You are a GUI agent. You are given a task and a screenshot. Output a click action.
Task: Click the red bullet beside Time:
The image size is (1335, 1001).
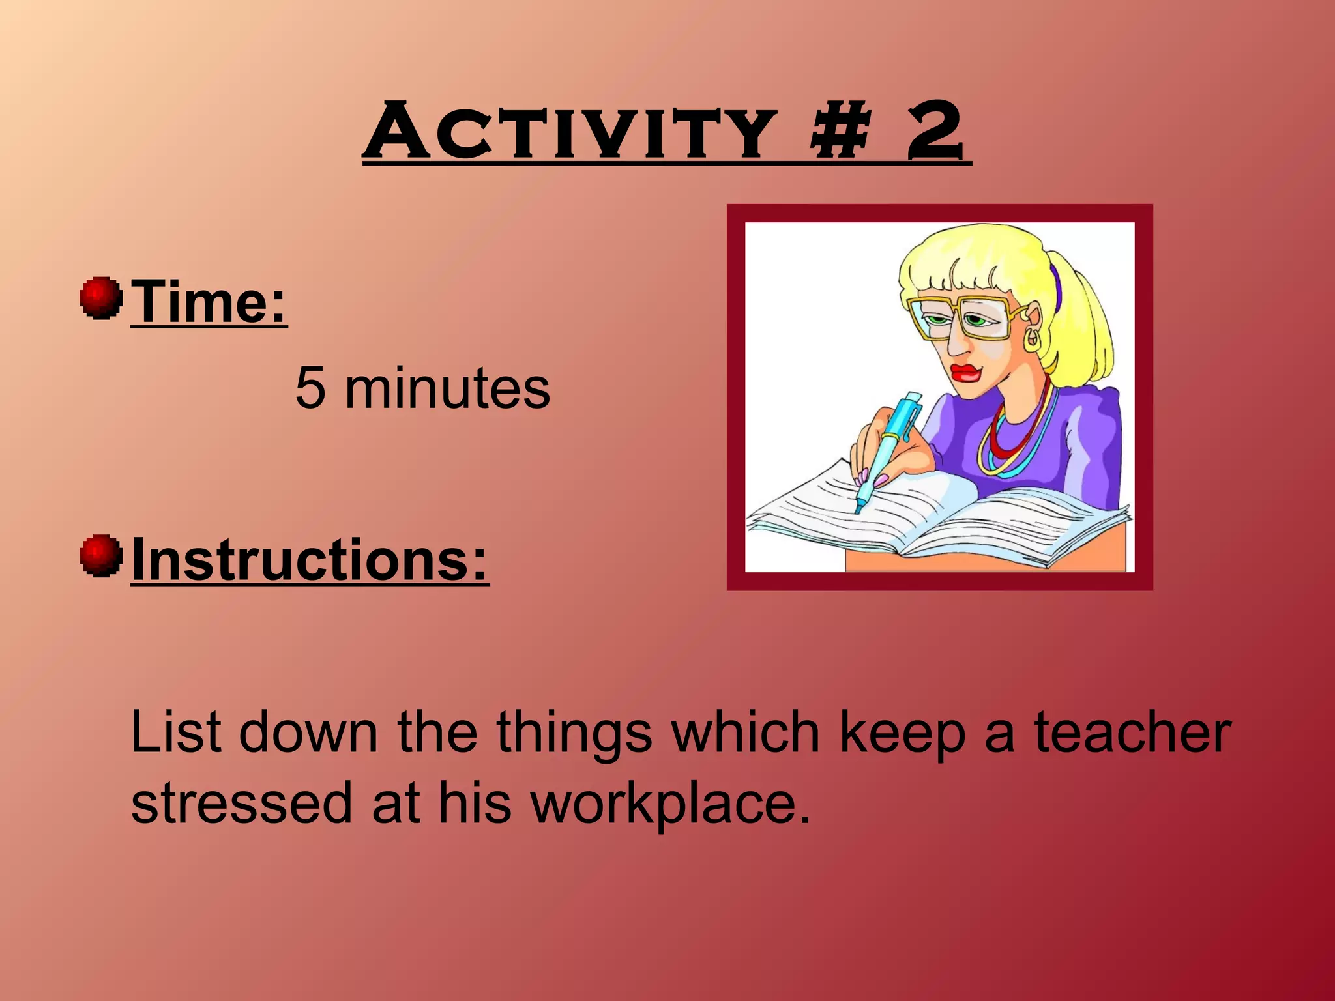101,298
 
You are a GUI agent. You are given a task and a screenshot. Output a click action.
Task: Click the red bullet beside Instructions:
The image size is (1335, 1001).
101,556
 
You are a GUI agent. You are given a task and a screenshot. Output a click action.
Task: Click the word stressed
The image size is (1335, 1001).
242,803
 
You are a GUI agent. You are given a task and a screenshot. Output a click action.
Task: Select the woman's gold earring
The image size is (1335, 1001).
1033,340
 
